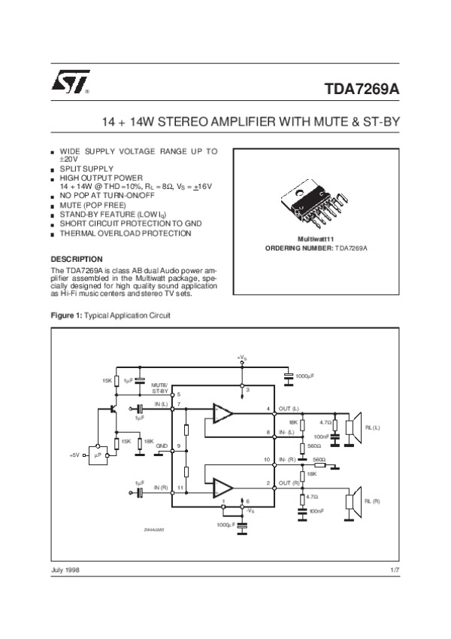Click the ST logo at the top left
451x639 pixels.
70,83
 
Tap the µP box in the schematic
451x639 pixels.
97,455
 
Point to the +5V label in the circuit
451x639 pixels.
74,455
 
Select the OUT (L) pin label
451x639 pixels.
289,409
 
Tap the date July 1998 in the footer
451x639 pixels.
65,571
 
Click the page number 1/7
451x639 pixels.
395,571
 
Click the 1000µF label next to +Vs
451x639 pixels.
306,375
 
